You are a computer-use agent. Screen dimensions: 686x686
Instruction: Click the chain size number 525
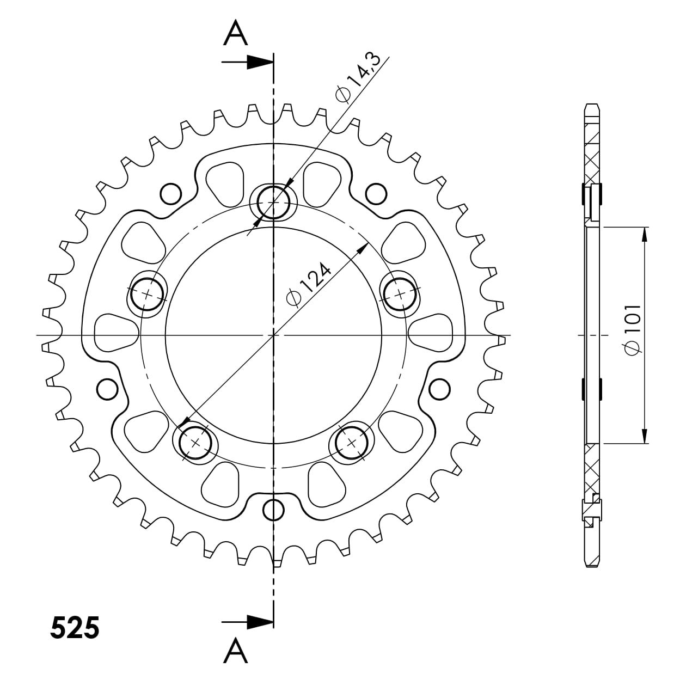coord(75,628)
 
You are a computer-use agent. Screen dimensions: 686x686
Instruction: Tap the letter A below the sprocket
coord(236,651)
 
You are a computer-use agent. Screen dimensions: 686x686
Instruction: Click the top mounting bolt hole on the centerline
coord(273,201)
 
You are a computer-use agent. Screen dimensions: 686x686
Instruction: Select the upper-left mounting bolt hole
coord(147,295)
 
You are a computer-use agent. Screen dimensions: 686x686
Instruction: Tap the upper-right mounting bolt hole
coord(400,295)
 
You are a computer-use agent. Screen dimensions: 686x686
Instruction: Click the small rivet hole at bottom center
coord(273,509)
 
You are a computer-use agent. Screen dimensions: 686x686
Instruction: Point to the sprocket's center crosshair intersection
coord(273,334)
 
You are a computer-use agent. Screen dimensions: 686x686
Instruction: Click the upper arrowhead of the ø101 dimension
coord(645,234)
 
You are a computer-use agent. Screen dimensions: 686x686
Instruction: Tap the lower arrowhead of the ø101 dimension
coord(645,436)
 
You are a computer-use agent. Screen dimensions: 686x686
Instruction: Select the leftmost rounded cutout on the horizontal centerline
coord(115,333)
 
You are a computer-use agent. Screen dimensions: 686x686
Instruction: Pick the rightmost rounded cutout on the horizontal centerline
coord(431,333)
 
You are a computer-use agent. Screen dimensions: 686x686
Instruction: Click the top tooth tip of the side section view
coord(592,106)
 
